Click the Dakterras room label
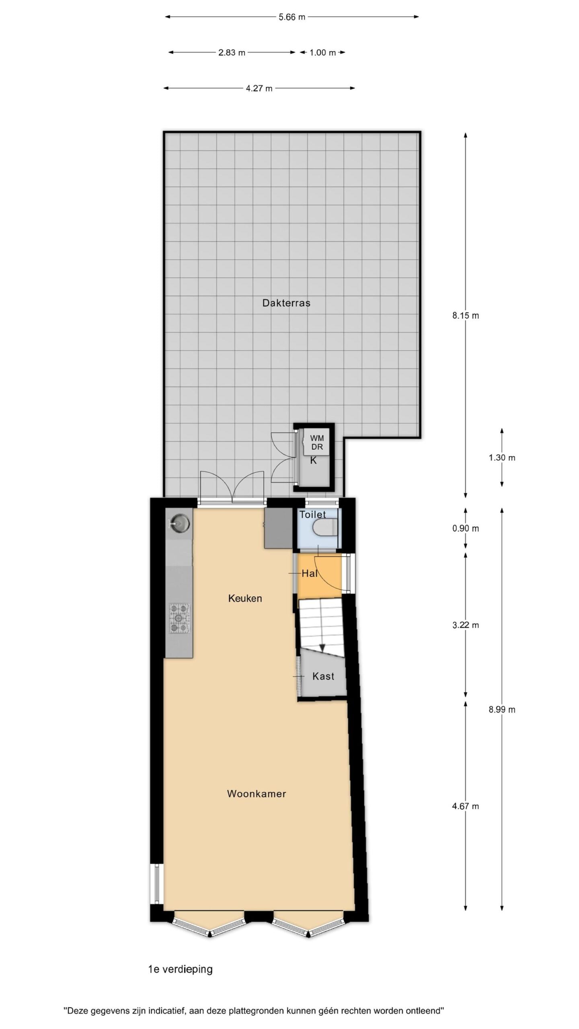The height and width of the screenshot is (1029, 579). [x=286, y=303]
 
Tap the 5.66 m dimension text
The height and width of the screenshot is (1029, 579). [x=292, y=17]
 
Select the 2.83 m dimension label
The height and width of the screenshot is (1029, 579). [x=232, y=53]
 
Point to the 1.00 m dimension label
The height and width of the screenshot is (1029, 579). [x=322, y=53]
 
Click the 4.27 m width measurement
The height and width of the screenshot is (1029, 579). [x=259, y=88]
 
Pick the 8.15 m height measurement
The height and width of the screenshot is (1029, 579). [x=466, y=316]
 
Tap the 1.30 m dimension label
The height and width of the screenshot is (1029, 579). [x=502, y=458]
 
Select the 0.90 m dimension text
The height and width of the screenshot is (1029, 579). [x=466, y=529]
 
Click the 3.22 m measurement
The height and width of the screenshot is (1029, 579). [x=466, y=625]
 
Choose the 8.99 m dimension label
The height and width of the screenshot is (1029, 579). [x=502, y=709]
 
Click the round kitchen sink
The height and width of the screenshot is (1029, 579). [x=179, y=523]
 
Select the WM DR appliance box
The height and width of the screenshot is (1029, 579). [x=316, y=443]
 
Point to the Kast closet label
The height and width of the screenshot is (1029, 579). [x=323, y=676]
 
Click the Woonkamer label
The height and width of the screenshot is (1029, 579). [x=257, y=794]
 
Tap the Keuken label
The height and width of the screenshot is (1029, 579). [x=245, y=599]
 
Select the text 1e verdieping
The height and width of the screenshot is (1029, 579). [x=181, y=970]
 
